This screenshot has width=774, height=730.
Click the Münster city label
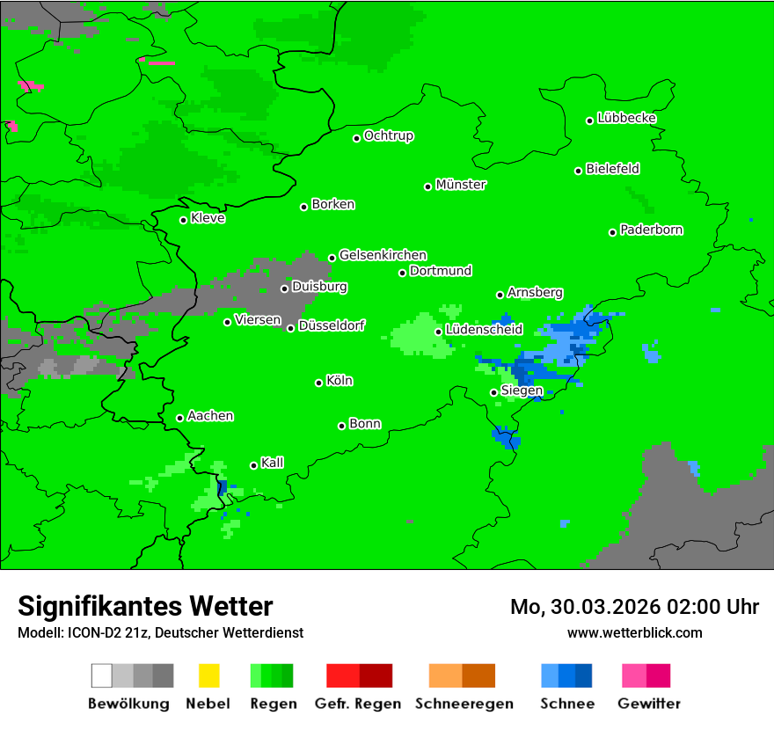point(461,185)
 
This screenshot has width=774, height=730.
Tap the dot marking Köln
point(318,383)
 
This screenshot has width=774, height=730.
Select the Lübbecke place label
point(626,118)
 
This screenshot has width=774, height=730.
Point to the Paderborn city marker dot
point(612,232)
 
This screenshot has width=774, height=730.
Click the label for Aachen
point(210,416)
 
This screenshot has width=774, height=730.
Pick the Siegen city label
point(522,391)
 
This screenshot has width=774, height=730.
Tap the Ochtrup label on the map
point(389,135)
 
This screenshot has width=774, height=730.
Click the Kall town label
point(273,463)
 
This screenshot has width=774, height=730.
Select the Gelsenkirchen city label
point(383,255)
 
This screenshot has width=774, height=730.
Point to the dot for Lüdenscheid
point(438,332)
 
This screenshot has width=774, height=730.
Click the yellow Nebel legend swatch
point(208,675)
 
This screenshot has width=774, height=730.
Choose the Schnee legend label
point(566,704)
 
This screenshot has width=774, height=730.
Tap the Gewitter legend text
point(649,704)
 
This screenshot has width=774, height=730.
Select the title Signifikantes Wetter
point(145,606)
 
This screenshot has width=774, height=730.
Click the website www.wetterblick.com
point(634,632)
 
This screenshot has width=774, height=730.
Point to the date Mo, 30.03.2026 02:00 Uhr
point(634,607)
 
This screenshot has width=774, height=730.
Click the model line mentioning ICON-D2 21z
point(160,632)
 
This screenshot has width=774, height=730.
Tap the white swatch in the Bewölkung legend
point(102,675)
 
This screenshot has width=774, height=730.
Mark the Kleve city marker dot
point(183,220)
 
